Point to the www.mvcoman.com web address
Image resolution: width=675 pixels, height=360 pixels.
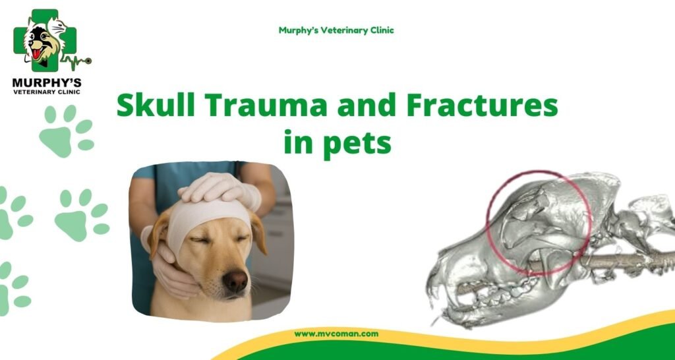pyautogui.click(x=336, y=334)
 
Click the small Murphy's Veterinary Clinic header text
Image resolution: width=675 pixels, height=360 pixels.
pyautogui.click(x=336, y=30)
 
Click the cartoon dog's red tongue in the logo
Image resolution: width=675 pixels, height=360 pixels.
pyautogui.click(x=37, y=54)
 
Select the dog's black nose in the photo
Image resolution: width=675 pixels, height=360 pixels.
pyautogui.click(x=235, y=281)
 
